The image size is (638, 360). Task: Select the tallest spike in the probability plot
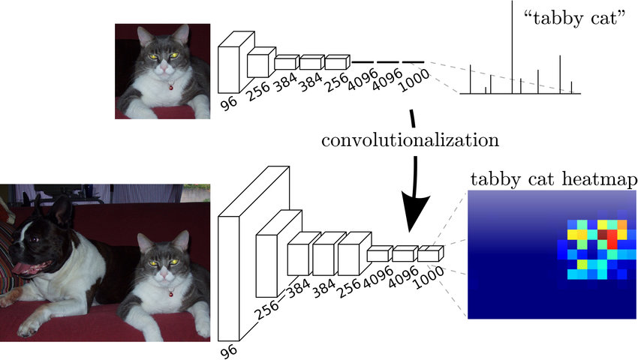(513, 45)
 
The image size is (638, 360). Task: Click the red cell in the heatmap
(611, 238)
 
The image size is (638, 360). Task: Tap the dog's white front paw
(30, 326)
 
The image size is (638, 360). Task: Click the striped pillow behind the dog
(7, 247)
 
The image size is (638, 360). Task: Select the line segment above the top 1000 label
(413, 62)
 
